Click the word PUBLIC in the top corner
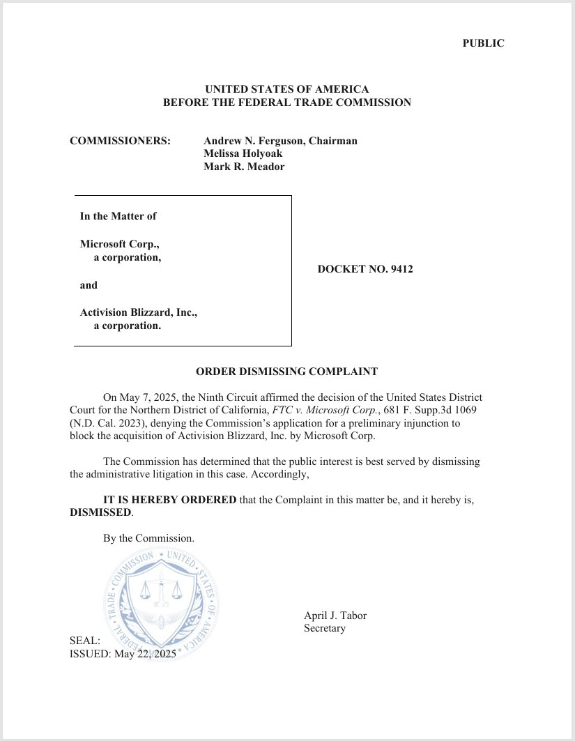(x=483, y=43)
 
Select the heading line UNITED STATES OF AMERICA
(x=286, y=89)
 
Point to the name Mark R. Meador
(x=244, y=167)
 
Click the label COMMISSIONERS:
(x=120, y=141)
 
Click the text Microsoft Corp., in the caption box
(x=124, y=244)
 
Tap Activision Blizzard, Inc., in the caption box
(x=139, y=312)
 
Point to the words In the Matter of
(x=118, y=216)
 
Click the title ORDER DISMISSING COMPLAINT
(x=286, y=372)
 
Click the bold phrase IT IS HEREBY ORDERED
(x=169, y=499)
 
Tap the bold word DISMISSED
(x=100, y=512)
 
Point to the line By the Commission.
(x=148, y=538)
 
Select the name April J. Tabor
(x=335, y=616)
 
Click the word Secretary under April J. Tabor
(x=324, y=628)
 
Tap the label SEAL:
(x=85, y=641)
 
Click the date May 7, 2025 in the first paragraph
(x=148, y=397)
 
